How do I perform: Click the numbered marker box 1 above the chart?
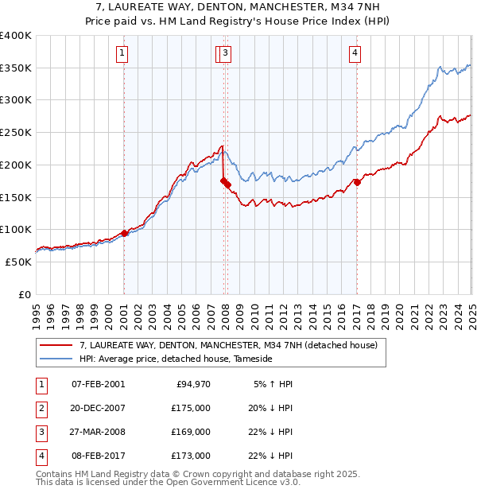pyautogui.click(x=122, y=53)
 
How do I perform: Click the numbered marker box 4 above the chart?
pyautogui.click(x=355, y=53)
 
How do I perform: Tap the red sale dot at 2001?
pyautogui.click(x=125, y=233)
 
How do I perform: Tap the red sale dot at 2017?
pyautogui.click(x=357, y=182)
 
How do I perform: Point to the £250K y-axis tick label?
pyautogui.click(x=16, y=132)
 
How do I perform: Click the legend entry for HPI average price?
pyautogui.click(x=175, y=359)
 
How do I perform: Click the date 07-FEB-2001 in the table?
pyautogui.click(x=98, y=384)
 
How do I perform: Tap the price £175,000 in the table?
pyautogui.click(x=192, y=408)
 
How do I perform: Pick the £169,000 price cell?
pyautogui.click(x=192, y=432)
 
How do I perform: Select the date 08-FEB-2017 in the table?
pyautogui.click(x=98, y=456)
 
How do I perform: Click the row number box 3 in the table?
pyautogui.click(x=41, y=432)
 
